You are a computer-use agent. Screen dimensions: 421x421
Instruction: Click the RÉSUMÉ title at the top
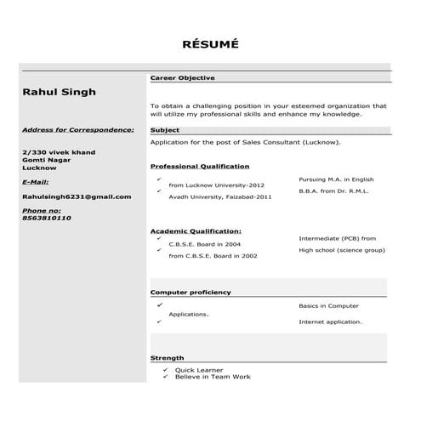coord(211,43)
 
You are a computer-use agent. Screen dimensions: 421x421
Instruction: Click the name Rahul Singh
coord(59,92)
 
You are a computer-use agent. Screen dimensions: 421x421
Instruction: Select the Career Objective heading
coord(182,77)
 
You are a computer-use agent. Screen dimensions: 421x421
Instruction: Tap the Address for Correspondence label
coord(77,130)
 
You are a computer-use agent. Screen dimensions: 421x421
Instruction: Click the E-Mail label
coord(35,182)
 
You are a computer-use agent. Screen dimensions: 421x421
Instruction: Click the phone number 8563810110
coord(47,218)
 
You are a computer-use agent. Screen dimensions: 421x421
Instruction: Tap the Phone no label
coord(41,209)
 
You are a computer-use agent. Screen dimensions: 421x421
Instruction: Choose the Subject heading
coord(164,130)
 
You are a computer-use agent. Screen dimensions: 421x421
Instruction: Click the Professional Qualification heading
coord(200,166)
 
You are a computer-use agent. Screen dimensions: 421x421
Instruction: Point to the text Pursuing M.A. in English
coord(336,179)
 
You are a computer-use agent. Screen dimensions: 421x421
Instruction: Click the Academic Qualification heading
coord(196,230)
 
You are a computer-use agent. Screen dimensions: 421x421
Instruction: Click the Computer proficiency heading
coord(191,292)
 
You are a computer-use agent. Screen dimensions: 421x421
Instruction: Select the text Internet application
coord(330,321)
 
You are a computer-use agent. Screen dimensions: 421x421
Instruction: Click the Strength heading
coord(167,358)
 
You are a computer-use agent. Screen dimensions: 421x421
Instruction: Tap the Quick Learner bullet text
coord(198,370)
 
